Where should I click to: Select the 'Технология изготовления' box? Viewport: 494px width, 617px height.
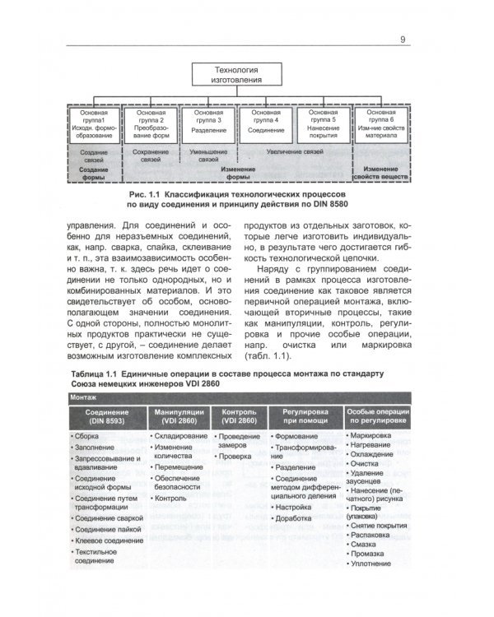tap(237, 77)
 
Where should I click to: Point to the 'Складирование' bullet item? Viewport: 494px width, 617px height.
tap(180, 434)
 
